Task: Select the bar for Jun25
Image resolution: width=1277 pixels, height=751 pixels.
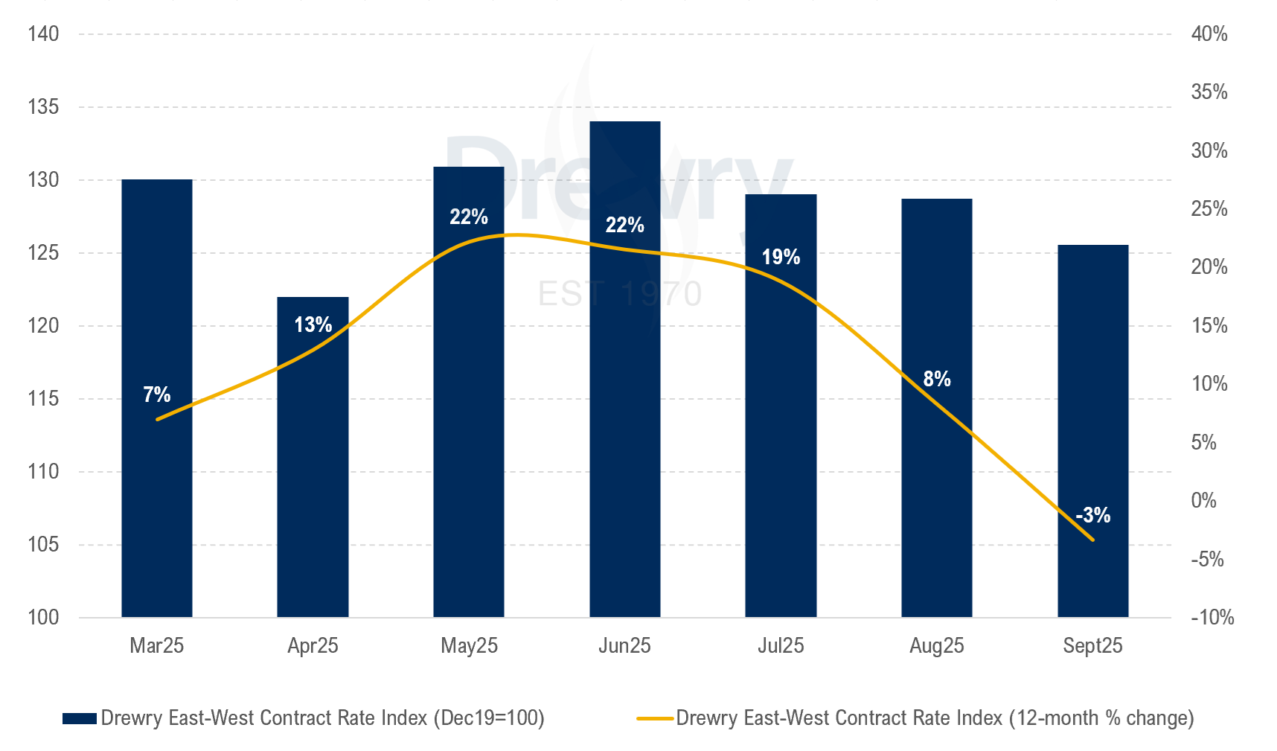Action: [x=624, y=417]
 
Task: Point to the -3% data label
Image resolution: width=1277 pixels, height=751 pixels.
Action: [x=1092, y=514]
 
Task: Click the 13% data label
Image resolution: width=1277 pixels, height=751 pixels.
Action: [x=313, y=325]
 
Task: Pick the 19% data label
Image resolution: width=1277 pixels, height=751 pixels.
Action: [x=781, y=257]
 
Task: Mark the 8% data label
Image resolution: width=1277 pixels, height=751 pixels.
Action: [x=937, y=379]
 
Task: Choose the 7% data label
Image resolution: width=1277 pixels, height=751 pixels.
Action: [x=157, y=394]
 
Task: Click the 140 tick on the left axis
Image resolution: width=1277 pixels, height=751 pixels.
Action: [x=43, y=34]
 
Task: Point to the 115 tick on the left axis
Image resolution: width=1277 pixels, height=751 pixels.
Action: [x=43, y=399]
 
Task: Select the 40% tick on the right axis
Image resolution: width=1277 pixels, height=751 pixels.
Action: [x=1209, y=34]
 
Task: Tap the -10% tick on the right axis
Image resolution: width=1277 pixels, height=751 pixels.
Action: [x=1212, y=617]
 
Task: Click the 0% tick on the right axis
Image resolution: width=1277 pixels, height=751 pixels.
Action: [x=1203, y=500]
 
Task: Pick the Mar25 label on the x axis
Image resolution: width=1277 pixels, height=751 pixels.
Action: [x=157, y=645]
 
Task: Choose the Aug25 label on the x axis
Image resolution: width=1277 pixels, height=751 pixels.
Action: [x=937, y=645]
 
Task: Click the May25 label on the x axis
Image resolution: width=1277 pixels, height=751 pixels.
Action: [x=469, y=645]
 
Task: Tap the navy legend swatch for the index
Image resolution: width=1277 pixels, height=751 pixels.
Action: [x=80, y=718]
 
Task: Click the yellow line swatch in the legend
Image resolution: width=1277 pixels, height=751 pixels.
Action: [x=655, y=718]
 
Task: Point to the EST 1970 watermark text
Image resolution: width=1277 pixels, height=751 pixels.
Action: [x=620, y=294]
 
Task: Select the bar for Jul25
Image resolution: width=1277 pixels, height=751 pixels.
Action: [x=781, y=447]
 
